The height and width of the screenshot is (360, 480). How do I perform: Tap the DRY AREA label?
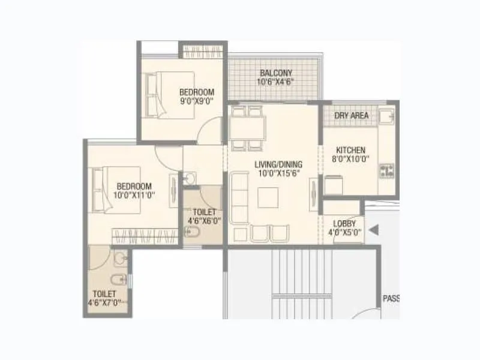pos(352,115)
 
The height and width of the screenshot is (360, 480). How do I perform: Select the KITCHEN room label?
pos(351,150)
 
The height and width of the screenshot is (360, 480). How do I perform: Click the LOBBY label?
pos(344,223)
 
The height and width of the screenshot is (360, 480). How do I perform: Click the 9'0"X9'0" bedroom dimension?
pos(197,101)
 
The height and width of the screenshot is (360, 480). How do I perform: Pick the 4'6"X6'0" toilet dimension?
pos(204,221)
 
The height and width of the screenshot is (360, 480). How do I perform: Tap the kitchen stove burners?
pos(385,170)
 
